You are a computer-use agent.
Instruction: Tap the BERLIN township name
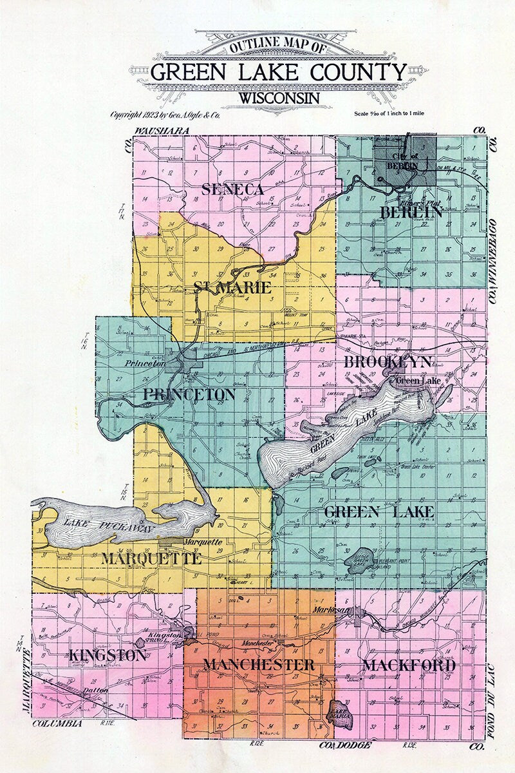[411, 211]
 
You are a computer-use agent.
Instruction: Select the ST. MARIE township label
[232, 287]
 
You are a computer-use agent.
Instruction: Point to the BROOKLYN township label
[387, 361]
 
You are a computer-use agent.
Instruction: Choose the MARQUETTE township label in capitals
[151, 558]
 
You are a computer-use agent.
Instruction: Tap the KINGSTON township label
[106, 656]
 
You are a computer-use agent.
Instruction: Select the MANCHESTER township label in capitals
[259, 664]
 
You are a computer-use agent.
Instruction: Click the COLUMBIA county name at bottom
[57, 723]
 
